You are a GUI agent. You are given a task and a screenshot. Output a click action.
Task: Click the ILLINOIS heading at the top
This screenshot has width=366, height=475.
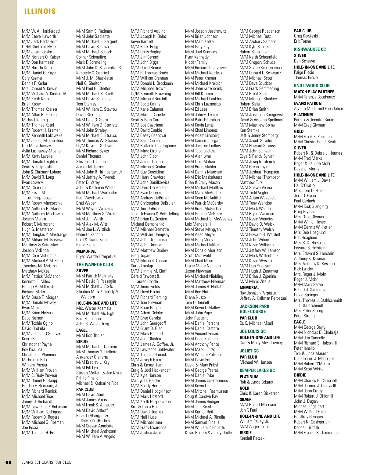coord(40,12)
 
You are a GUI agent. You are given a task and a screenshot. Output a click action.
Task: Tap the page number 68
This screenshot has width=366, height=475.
coord(9,462)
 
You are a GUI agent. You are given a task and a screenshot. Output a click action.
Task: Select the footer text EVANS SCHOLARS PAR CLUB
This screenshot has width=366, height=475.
coord(46,462)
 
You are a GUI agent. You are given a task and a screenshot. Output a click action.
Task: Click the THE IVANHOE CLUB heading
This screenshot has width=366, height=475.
coord(95,265)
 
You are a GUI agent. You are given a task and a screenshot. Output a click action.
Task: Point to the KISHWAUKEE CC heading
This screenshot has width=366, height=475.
coord(310,49)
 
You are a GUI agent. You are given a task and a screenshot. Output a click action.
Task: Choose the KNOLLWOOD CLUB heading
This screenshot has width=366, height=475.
coord(312,86)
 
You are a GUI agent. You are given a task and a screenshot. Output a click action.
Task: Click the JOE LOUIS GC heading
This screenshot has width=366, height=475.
coord(253,331)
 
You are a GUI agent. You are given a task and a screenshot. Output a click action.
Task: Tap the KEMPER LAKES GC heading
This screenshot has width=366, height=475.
coord(257,370)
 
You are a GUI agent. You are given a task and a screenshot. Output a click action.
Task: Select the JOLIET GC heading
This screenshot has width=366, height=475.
coord(249,351)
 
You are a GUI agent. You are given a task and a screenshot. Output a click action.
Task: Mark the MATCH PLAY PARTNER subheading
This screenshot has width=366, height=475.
coord(314,92)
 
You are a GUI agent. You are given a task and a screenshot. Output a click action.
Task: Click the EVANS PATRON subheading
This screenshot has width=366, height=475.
coord(308,103)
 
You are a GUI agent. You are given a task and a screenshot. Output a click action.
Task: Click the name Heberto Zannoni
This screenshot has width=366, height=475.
coord(90,234)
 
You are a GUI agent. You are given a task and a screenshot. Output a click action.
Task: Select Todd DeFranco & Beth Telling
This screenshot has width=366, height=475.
coord(155,214)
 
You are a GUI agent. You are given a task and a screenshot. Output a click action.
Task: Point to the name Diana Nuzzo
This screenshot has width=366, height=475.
coord(196,297)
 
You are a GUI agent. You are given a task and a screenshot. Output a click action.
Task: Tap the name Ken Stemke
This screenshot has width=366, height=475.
coord(249,130)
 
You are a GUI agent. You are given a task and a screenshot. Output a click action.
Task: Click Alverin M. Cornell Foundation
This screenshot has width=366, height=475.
coord(318,109)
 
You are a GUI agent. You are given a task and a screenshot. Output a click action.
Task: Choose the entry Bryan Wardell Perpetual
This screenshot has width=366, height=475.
coord(96,256)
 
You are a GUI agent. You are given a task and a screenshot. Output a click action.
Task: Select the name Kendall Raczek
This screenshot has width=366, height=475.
coord(252,438)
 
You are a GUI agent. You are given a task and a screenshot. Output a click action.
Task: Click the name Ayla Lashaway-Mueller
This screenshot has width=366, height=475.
coord(42,151)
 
